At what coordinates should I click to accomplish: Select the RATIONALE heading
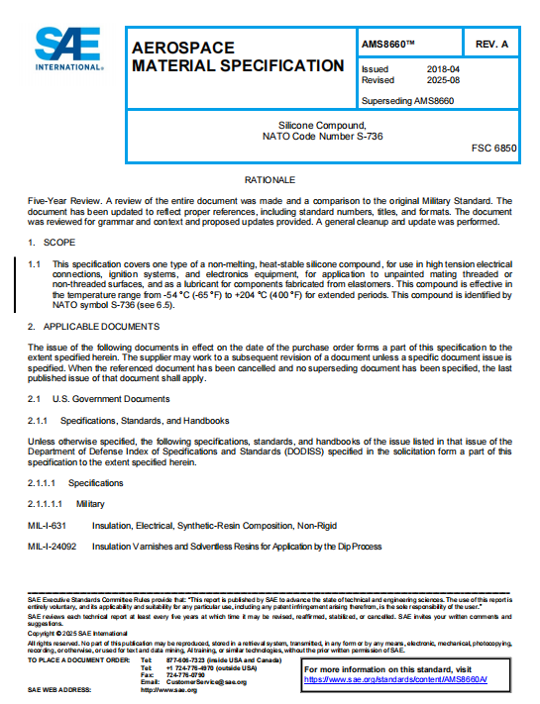[270, 180]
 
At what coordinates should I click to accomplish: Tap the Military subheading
[90, 504]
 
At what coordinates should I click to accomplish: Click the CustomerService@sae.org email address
[206, 682]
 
